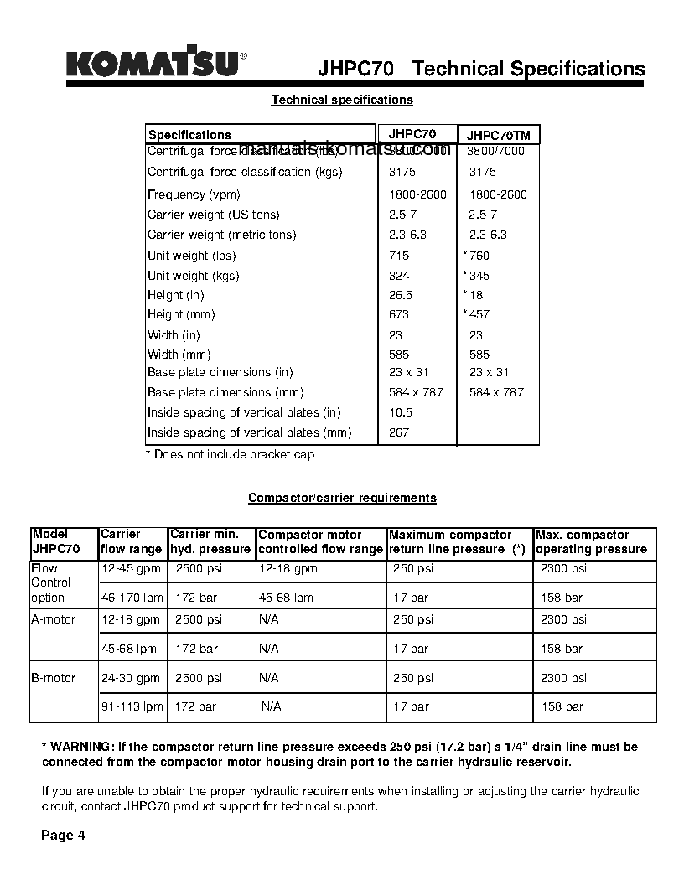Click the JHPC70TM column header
tap(498, 135)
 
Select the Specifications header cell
tap(189, 135)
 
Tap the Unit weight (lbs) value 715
tap(399, 256)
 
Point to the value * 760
tap(477, 256)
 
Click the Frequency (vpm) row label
tap(194, 194)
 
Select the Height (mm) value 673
tap(399, 314)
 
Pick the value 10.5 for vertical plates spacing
tap(401, 412)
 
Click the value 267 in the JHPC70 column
tap(399, 432)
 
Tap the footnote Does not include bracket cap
tap(231, 454)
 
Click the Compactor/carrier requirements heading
tap(342, 498)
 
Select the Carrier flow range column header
tap(132, 541)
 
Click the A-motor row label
tap(54, 619)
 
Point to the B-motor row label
tap(54, 678)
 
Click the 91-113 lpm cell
tap(132, 706)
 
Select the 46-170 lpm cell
tap(132, 598)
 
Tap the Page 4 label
tap(64, 835)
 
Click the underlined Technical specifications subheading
tap(342, 100)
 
